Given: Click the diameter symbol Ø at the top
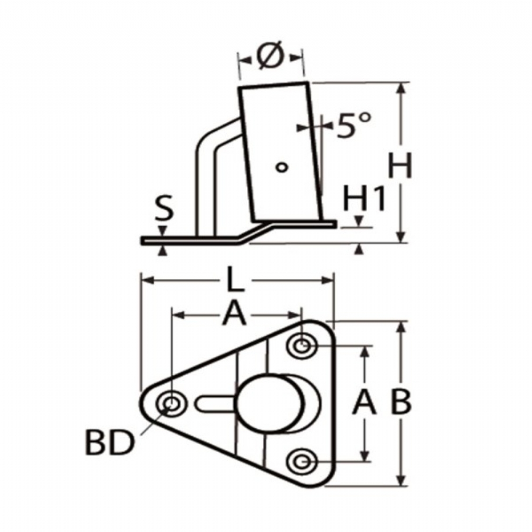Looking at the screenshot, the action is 270,56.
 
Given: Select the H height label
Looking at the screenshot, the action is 400,165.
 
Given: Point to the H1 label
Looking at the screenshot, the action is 364,198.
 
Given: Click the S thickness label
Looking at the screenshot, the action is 164,207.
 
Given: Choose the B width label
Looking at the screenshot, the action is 401,402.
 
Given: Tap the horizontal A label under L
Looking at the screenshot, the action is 234,314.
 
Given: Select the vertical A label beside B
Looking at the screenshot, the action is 364,402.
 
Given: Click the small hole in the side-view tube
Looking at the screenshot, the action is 281,167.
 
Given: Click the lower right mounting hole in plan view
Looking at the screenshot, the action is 302,461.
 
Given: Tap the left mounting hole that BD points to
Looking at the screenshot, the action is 172,404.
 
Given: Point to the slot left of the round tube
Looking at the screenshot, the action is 215,404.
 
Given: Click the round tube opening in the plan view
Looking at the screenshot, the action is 270,403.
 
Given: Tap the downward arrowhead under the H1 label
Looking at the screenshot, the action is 359,222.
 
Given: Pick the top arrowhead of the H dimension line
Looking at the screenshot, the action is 401,88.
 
